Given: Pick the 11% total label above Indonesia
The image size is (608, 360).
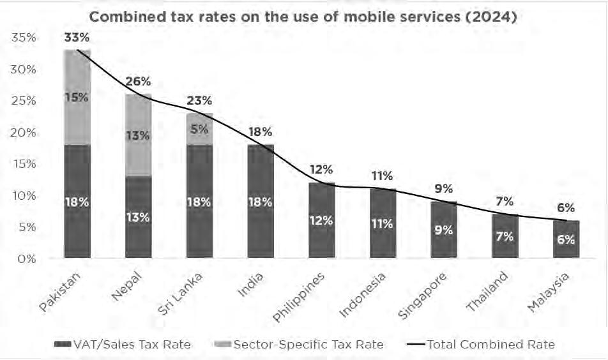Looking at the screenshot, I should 383,176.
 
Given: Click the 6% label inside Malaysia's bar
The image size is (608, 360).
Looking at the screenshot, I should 566,240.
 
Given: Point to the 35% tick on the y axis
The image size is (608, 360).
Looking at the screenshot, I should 24,38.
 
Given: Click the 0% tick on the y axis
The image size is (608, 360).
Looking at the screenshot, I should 27,259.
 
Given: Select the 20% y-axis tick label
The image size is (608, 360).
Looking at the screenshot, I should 24,133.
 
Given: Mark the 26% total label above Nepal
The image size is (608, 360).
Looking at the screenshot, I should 138,82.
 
